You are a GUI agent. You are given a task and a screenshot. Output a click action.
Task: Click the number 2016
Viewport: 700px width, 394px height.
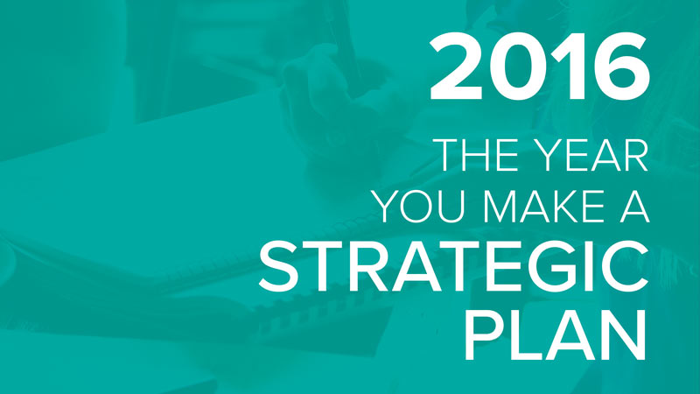pyautogui.click(x=539, y=67)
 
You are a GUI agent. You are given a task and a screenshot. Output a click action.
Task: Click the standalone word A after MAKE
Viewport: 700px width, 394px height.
pyautogui.click(x=633, y=207)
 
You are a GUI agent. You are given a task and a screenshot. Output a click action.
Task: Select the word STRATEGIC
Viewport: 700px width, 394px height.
pyautogui.click(x=453, y=267)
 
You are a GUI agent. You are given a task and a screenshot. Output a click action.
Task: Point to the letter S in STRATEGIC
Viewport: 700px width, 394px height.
pyautogui.click(x=278, y=267)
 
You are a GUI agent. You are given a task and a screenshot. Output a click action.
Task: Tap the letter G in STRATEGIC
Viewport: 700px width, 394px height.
pyautogui.click(x=561, y=267)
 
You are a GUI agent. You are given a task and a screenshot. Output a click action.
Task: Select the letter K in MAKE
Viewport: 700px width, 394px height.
pyautogui.click(x=565, y=207)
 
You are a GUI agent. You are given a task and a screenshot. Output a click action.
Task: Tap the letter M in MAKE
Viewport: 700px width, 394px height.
pyautogui.click(x=500, y=207)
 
